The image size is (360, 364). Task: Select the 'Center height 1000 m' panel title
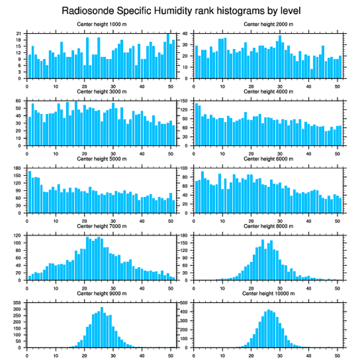point(101,24)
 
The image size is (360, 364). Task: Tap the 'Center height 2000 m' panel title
point(268,24)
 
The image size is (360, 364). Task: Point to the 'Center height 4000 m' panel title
point(268,91)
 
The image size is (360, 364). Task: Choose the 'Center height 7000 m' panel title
point(101,226)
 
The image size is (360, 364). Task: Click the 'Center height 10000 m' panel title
point(268,293)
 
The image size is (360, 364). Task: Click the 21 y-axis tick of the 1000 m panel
point(19,34)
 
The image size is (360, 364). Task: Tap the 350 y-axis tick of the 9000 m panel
point(18,303)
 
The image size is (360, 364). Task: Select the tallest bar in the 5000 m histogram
point(30,192)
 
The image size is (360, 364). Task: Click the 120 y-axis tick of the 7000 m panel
point(19,235)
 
